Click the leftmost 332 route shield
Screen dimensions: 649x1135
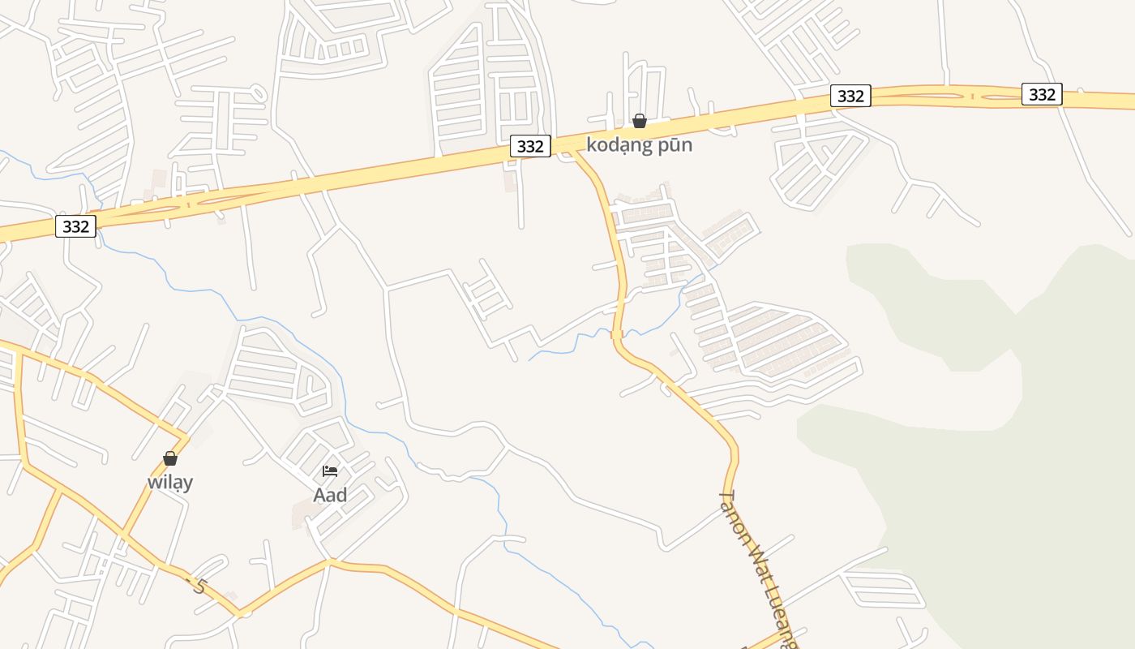pyautogui.click(x=75, y=226)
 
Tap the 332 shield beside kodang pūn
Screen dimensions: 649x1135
pyautogui.click(x=530, y=146)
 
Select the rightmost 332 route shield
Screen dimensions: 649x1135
pyautogui.click(x=1042, y=94)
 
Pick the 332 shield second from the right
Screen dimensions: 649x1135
pyautogui.click(x=850, y=96)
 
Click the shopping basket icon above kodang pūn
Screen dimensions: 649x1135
pyautogui.click(x=640, y=121)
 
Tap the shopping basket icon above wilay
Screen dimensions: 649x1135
pyautogui.click(x=170, y=458)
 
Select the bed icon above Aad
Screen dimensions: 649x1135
pyautogui.click(x=330, y=471)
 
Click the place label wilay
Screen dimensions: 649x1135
pyautogui.click(x=170, y=482)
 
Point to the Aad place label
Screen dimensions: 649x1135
pyautogui.click(x=330, y=495)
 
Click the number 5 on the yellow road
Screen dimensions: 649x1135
pyautogui.click(x=199, y=585)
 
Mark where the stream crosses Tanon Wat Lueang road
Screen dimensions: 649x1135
pyautogui.click(x=617, y=333)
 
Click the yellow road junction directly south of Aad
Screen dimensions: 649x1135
pyautogui.click(x=330, y=561)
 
